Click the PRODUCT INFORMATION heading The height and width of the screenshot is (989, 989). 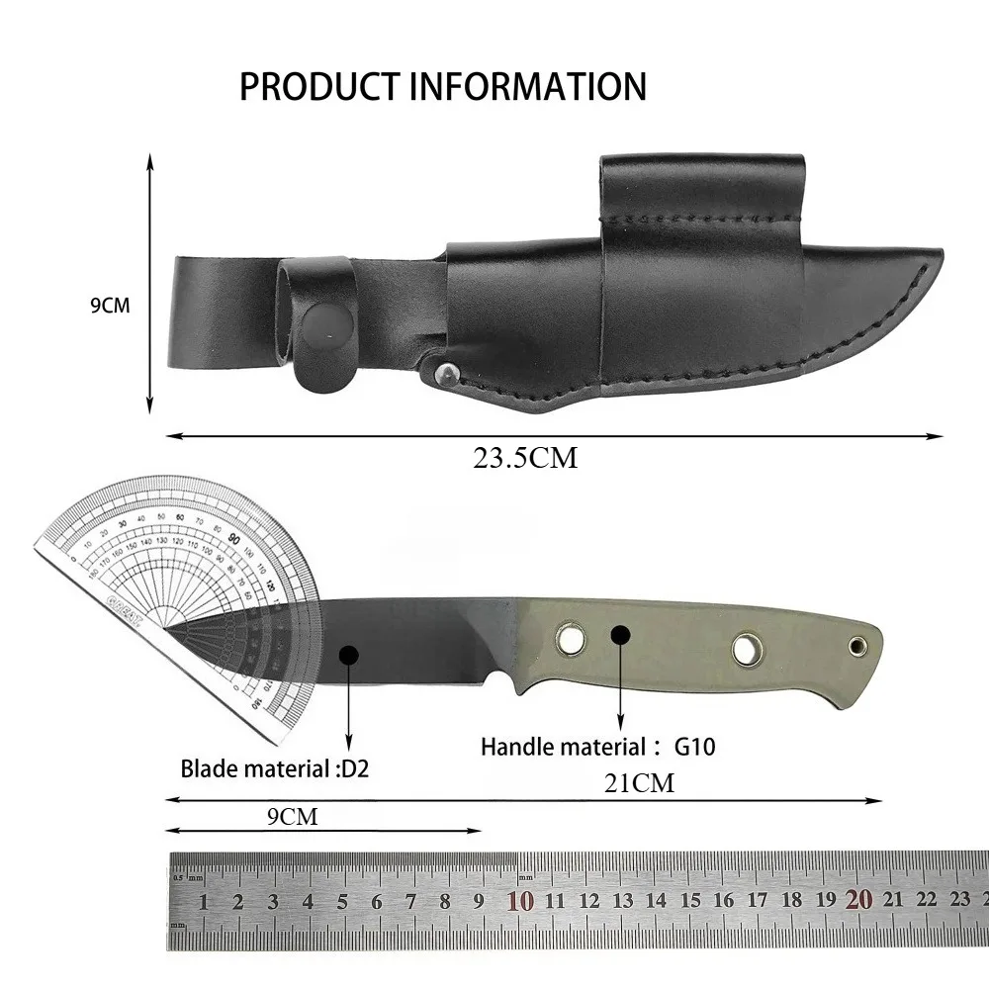point(442,86)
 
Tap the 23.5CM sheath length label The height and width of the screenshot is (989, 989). point(523,458)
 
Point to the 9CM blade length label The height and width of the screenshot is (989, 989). point(293,816)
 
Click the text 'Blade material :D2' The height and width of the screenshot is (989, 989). point(274,768)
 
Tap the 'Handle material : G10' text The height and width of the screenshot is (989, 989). point(597,747)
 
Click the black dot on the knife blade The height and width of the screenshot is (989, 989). point(348,655)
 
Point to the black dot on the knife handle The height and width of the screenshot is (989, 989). point(620,634)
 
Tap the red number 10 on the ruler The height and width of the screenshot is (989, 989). point(520,901)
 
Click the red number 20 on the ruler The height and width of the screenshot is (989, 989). point(858,901)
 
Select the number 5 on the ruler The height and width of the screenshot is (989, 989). point(342,902)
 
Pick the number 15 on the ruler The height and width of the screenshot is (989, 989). point(690,902)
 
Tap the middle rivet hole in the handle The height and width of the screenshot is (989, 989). point(747,649)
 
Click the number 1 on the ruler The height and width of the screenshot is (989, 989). point(204,902)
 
